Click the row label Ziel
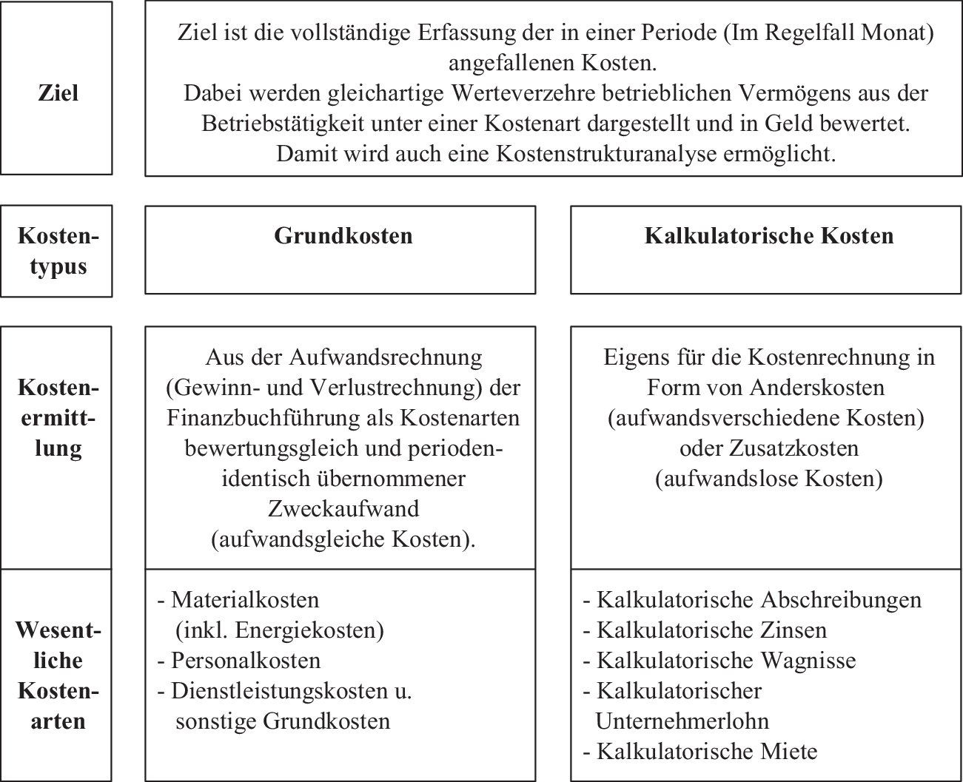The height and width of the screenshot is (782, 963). pos(58,93)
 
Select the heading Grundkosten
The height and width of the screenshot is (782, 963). pos(343,236)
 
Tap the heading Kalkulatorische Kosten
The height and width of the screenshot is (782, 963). pos(769,236)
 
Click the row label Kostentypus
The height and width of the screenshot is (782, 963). pos(58,252)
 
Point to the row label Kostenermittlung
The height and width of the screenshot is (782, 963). pos(58,418)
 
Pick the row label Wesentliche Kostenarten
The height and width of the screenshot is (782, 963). pos(58,675)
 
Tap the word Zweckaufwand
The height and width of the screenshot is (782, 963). pos(343,509)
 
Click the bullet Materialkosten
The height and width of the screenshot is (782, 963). pos(244,599)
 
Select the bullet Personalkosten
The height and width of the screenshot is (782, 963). pos(246,660)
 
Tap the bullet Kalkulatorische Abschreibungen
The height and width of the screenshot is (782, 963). pos(759,599)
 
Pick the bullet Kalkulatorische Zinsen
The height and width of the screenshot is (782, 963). pos(711,630)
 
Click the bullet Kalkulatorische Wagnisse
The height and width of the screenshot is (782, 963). pos(725,660)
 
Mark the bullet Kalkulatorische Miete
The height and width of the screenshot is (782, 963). pos(707,752)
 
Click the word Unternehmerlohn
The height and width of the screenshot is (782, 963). pos(682,721)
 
